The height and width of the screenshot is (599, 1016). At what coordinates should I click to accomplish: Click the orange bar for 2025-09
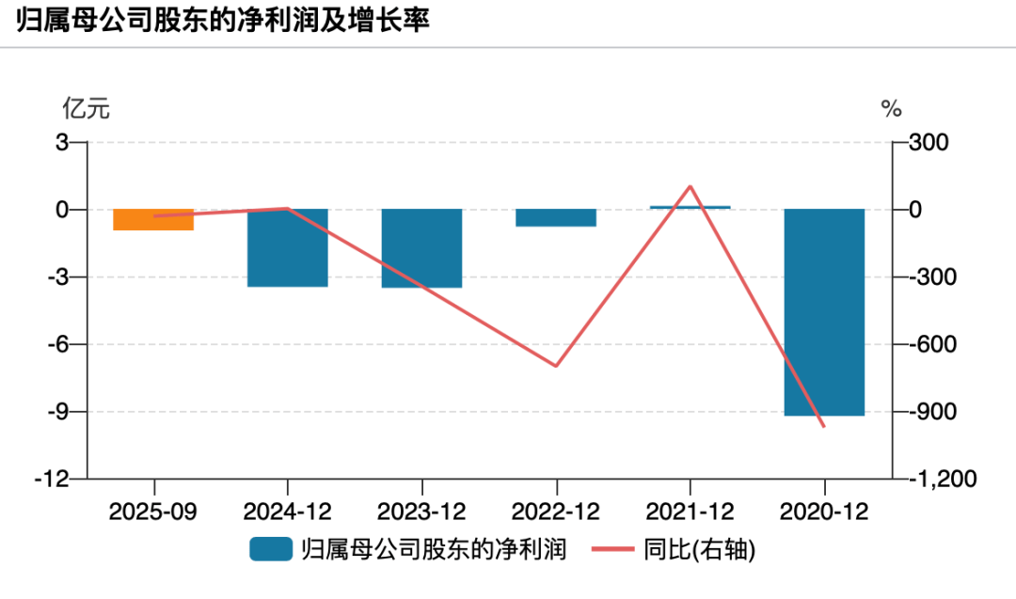click(153, 220)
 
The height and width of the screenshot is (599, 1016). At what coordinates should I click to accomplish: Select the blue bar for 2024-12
click(287, 247)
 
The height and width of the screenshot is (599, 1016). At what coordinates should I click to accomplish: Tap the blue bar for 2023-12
click(421, 248)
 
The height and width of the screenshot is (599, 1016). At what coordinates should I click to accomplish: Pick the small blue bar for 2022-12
click(556, 218)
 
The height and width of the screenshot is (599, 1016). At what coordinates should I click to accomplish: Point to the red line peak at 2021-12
click(691, 186)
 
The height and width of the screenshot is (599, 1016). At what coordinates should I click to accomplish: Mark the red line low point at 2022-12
click(556, 366)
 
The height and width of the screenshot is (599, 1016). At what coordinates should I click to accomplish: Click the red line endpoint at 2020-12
click(824, 427)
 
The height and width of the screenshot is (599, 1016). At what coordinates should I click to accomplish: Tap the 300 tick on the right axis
click(929, 143)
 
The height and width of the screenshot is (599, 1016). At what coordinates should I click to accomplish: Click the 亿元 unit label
click(86, 109)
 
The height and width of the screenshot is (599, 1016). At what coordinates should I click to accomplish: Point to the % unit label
click(891, 109)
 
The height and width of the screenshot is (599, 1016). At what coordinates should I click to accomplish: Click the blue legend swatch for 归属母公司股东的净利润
click(271, 549)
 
